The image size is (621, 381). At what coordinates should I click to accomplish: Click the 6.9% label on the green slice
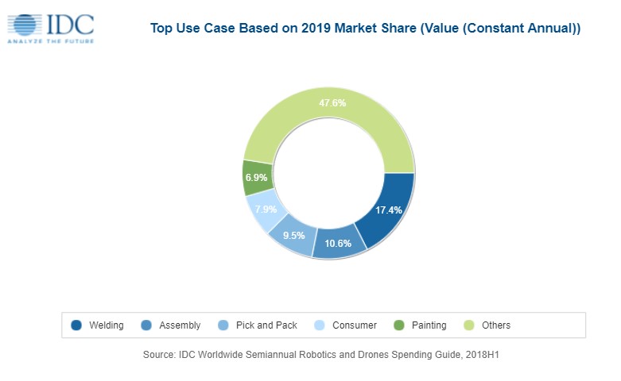point(256,179)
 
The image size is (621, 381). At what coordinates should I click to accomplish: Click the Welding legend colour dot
point(76,325)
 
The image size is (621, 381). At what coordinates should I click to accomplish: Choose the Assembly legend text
point(180,325)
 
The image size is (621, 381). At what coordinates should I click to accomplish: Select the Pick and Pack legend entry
point(267,325)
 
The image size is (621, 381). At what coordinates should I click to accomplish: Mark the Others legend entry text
point(495,325)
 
